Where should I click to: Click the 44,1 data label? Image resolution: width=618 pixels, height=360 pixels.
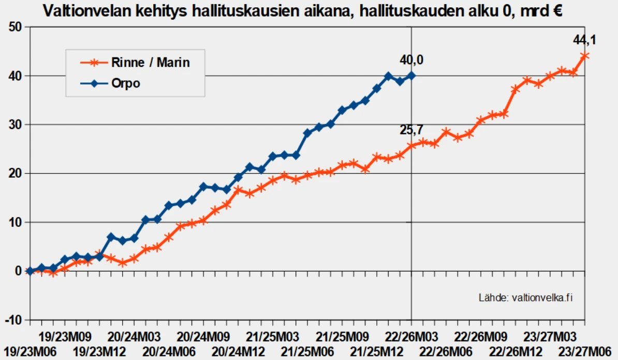(584, 39)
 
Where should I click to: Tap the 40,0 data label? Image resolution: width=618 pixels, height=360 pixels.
(411, 61)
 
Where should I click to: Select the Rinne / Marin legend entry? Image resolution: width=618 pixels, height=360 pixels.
(151, 63)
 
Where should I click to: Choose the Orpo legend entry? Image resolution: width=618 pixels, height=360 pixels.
(126, 83)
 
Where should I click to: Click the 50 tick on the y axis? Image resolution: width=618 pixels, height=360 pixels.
(16, 27)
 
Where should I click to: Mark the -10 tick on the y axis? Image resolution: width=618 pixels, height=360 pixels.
(13, 320)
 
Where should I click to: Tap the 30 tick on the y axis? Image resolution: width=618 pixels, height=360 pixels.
(16, 125)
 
